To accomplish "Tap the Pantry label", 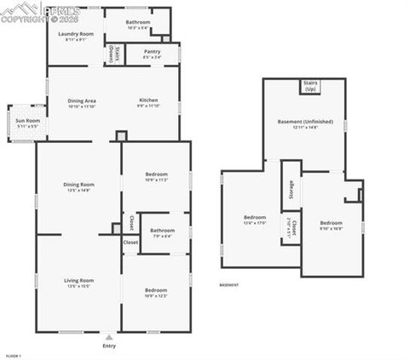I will point(152,52).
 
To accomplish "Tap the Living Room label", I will point(78,281).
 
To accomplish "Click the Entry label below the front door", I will point(109,346).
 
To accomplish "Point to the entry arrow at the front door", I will point(109,336).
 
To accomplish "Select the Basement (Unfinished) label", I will point(302,123).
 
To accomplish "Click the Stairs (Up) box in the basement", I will point(310,86).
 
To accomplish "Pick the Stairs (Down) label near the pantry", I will point(112,54).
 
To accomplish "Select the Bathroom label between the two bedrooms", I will point(162,231).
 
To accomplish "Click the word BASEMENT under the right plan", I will point(229,285).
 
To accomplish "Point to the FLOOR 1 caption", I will point(13,355).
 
